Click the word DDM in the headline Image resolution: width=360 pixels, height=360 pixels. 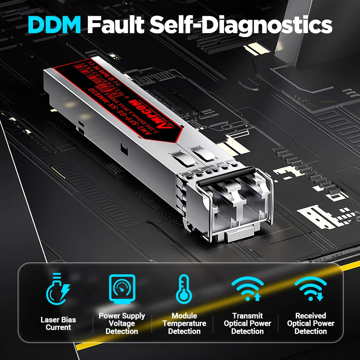[x=54, y=24]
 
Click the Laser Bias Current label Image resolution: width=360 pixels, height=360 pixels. [x=58, y=324]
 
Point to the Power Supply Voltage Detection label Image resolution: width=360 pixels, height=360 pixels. [x=122, y=324]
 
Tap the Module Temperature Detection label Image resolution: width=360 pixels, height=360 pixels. [x=184, y=324]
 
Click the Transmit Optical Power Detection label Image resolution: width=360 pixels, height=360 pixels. [x=247, y=324]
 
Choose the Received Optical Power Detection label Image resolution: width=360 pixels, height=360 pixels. [x=311, y=324]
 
